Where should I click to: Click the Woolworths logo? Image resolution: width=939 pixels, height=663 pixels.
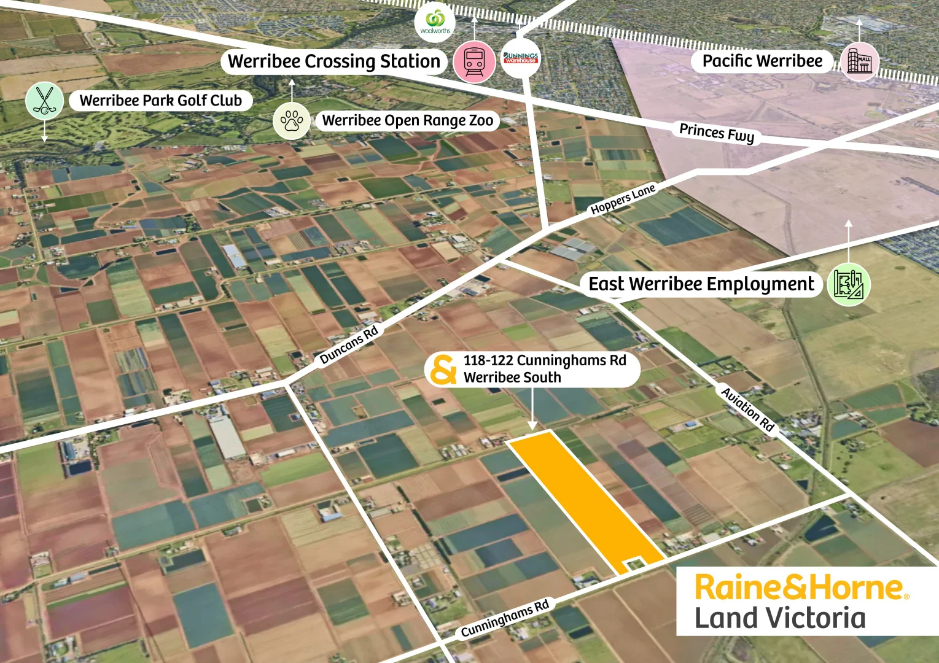(x=435, y=22)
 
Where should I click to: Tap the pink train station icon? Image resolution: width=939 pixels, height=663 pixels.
(x=475, y=61)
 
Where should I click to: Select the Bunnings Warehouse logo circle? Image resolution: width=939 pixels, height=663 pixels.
(x=521, y=59)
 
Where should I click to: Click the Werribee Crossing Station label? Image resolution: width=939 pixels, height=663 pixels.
(x=334, y=61)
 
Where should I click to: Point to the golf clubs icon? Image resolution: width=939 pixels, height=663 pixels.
(x=45, y=101)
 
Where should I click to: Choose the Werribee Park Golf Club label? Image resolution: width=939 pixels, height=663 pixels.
(x=161, y=101)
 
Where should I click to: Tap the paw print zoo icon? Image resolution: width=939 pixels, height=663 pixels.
(x=292, y=120)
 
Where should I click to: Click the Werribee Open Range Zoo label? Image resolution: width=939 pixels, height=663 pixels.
(x=408, y=120)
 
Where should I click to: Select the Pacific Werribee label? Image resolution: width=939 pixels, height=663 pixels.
(x=762, y=61)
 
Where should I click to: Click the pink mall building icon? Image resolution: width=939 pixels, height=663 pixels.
(x=860, y=61)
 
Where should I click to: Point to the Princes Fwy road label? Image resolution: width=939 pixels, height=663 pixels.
(x=717, y=133)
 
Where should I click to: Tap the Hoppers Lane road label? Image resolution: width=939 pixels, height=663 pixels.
(x=623, y=200)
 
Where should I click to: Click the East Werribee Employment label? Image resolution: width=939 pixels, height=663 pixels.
(x=701, y=284)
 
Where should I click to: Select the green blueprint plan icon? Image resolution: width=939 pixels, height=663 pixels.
(x=849, y=285)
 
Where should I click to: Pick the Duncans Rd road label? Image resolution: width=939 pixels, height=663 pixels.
(x=349, y=346)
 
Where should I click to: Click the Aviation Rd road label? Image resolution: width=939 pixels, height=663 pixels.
(x=748, y=409)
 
